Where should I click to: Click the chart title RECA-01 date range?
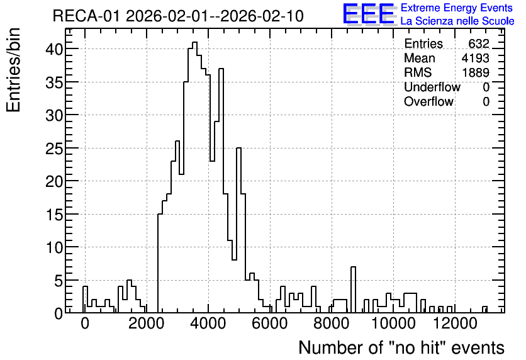pos(178,16)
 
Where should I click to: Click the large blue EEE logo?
pos(369,14)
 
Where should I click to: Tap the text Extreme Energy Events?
pos(457,8)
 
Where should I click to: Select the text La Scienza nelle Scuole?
pos(457,21)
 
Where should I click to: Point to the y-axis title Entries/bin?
pos(13,70)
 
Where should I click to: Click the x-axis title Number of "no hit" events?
pos(401,347)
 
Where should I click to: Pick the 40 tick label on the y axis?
pos(54,49)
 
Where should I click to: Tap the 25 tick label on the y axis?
pos(54,148)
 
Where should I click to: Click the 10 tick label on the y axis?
pos(54,247)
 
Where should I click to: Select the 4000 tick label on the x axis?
pos(208,323)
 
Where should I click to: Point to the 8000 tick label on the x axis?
pos(332,323)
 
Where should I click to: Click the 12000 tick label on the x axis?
pos(455,323)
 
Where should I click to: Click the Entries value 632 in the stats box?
pos(479,43)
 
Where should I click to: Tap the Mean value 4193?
pos(475,58)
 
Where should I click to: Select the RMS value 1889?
pos(476,72)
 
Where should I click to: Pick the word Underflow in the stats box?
pos(432,87)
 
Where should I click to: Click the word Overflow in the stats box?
pos(428,101)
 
